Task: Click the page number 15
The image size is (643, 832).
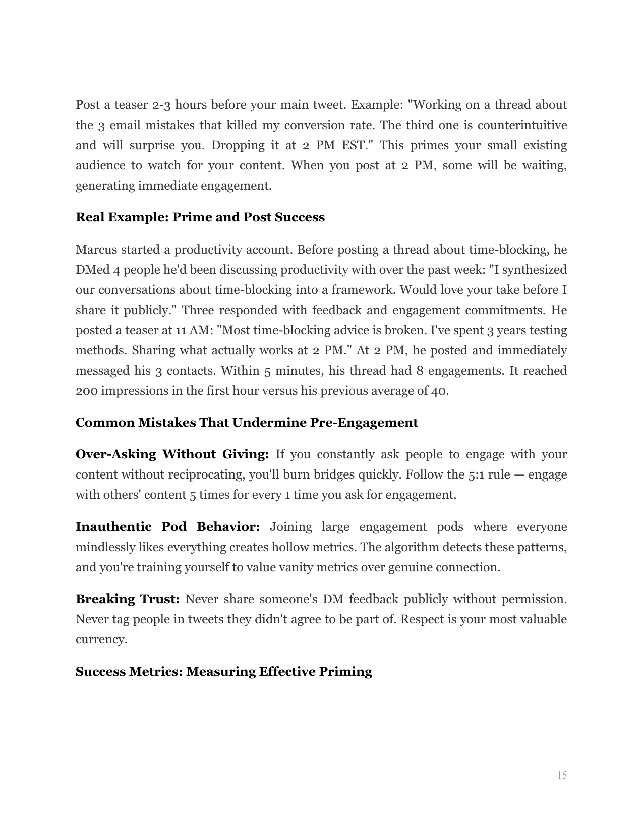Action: coord(562,775)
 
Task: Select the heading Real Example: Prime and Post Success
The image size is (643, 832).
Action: coord(200,217)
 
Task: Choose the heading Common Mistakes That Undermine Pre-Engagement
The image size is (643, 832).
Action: coord(247,422)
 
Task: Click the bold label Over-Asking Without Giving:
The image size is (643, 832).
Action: coord(172,454)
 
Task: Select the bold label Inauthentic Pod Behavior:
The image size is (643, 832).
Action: coord(167,527)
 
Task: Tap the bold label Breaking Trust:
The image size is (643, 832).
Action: coord(128,599)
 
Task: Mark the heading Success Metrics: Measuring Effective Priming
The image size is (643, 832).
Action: coord(224,672)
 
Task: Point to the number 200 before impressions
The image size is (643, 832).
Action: coord(86,391)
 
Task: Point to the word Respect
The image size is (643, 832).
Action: coord(422,619)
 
